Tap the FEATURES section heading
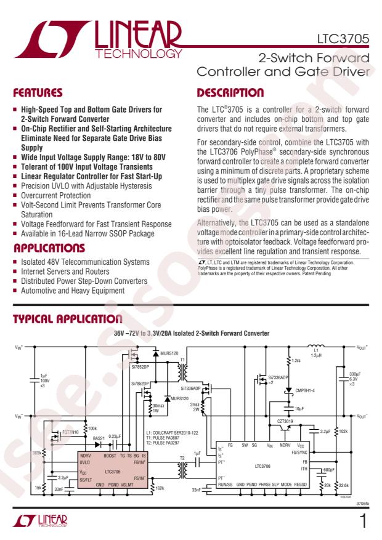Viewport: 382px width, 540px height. tap(38, 93)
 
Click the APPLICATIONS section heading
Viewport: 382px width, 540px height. tap(49, 249)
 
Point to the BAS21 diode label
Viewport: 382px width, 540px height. tap(99, 438)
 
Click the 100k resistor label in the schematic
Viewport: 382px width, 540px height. tap(92, 427)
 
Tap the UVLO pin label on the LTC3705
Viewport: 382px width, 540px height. tap(85, 461)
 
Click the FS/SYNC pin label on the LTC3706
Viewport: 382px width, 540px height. tap(300, 451)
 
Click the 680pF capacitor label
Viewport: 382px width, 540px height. tap(328, 470)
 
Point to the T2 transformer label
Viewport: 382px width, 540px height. tap(182, 458)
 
